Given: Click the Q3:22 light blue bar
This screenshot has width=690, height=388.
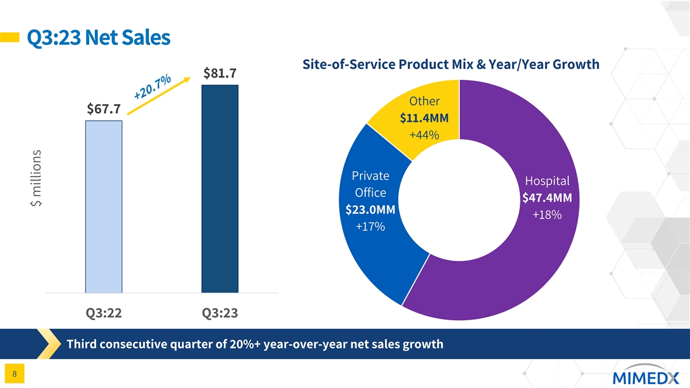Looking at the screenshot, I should coord(103,207).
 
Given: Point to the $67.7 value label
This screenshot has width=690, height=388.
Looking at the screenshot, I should coord(103,109).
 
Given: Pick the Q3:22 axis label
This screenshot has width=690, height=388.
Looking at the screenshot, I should coord(103,313).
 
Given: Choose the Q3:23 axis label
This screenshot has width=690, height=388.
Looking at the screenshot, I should coord(220,313).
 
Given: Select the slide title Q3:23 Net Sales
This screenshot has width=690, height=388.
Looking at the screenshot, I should coord(95,38).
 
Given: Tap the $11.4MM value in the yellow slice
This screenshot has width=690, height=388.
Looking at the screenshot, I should coord(424,118).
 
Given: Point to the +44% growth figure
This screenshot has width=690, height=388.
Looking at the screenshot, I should coord(424,135).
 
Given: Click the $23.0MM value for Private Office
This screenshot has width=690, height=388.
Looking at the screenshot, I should coord(370,210).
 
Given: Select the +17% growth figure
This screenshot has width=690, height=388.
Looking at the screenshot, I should coord(370,227).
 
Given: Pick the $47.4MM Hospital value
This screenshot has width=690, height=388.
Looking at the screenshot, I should coord(547,198).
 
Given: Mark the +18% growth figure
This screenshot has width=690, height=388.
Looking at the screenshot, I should coord(547,215).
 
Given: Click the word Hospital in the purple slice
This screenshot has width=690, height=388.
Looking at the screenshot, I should coord(547,180).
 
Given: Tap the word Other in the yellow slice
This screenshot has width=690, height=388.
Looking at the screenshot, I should coord(424,102).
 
